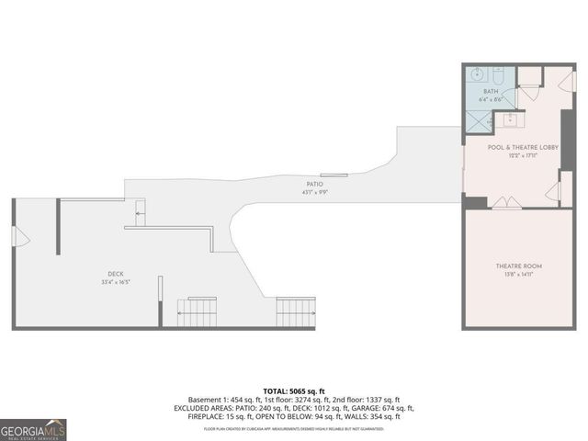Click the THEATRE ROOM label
pos(513,266)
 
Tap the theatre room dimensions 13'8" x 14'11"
pos(513,275)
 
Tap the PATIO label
pos(313,185)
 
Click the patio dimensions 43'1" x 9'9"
pos(315,193)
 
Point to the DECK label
pos(115,274)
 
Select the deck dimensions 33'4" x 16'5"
pos(115,282)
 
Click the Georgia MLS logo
pos(33,429)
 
